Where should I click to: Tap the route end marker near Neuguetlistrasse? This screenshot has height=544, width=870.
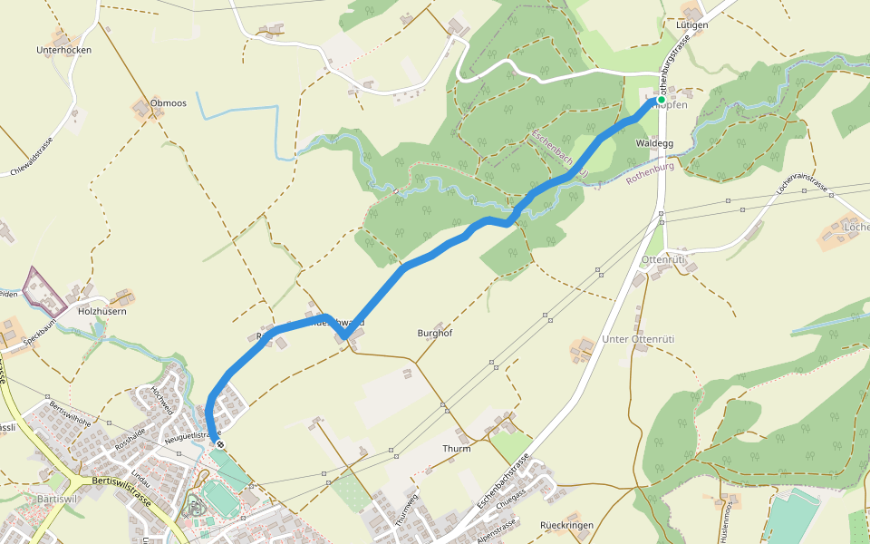218,444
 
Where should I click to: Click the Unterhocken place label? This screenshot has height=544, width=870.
63,50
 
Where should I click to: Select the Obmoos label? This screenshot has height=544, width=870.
169,103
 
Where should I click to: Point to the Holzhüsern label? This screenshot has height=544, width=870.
101,311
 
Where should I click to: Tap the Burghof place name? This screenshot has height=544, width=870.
434,333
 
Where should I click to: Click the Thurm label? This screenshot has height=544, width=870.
456,449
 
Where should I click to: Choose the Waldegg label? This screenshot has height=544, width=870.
655,143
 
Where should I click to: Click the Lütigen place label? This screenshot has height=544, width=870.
691,24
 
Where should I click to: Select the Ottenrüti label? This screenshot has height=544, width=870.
663,260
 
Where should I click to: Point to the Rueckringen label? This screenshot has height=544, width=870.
566,525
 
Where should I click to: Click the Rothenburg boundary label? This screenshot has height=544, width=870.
651,173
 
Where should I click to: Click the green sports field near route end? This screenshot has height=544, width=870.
217,497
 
